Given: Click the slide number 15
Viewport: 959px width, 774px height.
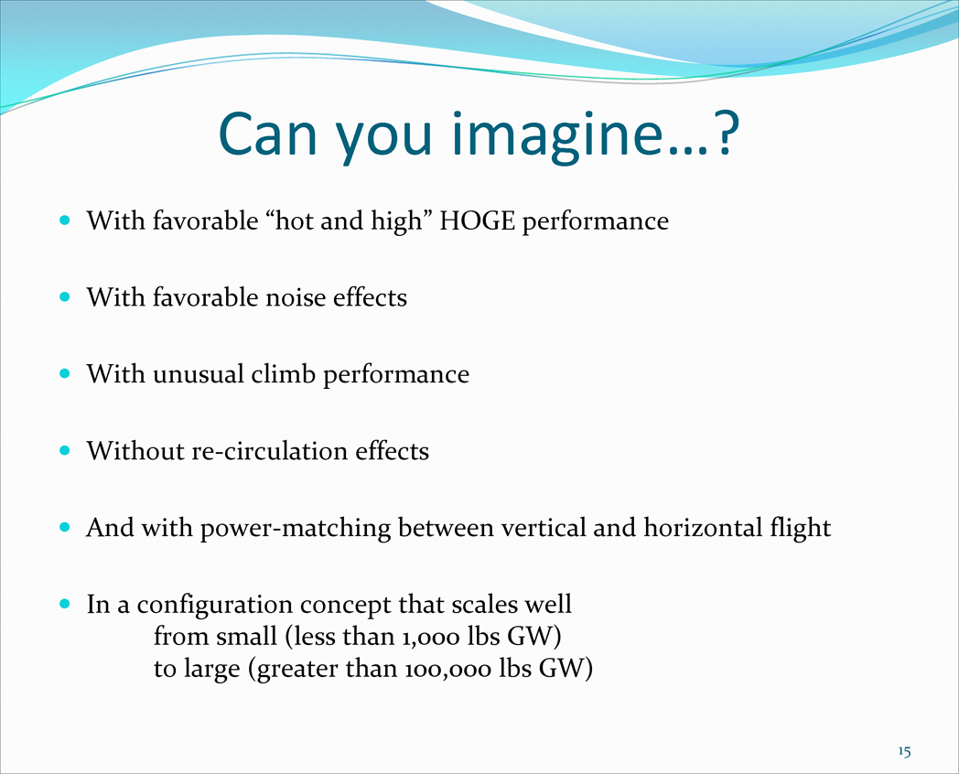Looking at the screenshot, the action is pos(905,751).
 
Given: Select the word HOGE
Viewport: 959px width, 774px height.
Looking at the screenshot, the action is pos(477,221).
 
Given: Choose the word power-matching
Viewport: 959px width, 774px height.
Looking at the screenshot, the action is pos(296,529).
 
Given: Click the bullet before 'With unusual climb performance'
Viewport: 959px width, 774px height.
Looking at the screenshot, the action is pos(65,373).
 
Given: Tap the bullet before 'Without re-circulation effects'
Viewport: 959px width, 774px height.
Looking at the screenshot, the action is pos(65,450).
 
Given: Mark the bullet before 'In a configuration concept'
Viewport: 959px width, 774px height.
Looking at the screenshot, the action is pos(65,604).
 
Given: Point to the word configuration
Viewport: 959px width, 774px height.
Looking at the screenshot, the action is pos(214,606).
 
